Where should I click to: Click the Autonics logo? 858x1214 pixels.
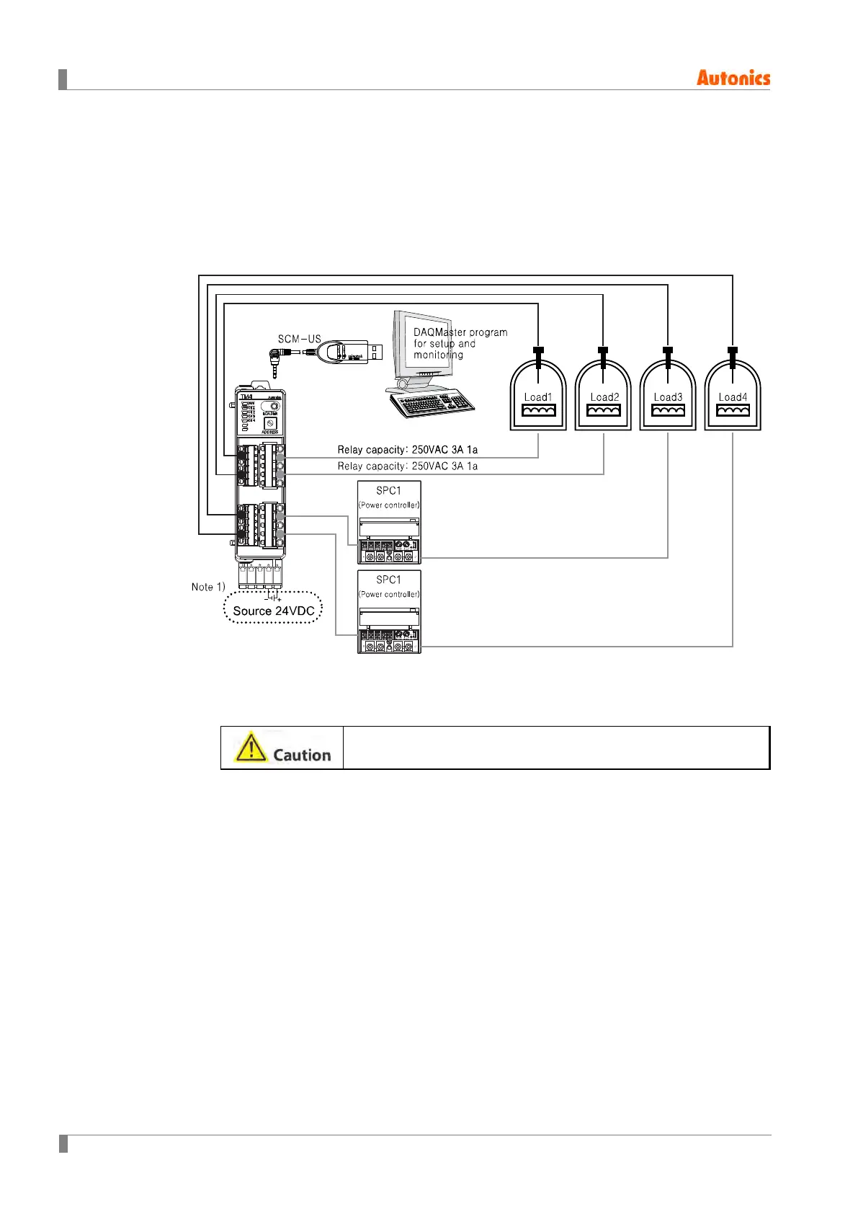pos(733,78)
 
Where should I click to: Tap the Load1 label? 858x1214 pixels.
pos(537,397)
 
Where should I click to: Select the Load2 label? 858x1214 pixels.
pos(604,397)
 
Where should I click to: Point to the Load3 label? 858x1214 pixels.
pos(668,397)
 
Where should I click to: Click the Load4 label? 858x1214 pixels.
pos(733,397)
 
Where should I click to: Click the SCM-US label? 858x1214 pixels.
pos(299,339)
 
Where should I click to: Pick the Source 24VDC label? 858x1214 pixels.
pos(274,611)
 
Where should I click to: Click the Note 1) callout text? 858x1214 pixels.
pos(208,587)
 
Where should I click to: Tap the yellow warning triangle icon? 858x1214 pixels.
pos(250,748)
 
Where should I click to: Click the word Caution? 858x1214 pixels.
pos(302,755)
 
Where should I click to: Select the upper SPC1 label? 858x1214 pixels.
pos(388,491)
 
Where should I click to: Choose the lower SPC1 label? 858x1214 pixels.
pos(388,580)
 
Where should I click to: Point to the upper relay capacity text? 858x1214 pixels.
pos(407,450)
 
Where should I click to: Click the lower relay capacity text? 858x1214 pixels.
pos(407,466)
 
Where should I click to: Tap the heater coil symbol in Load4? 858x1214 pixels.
pos(733,410)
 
